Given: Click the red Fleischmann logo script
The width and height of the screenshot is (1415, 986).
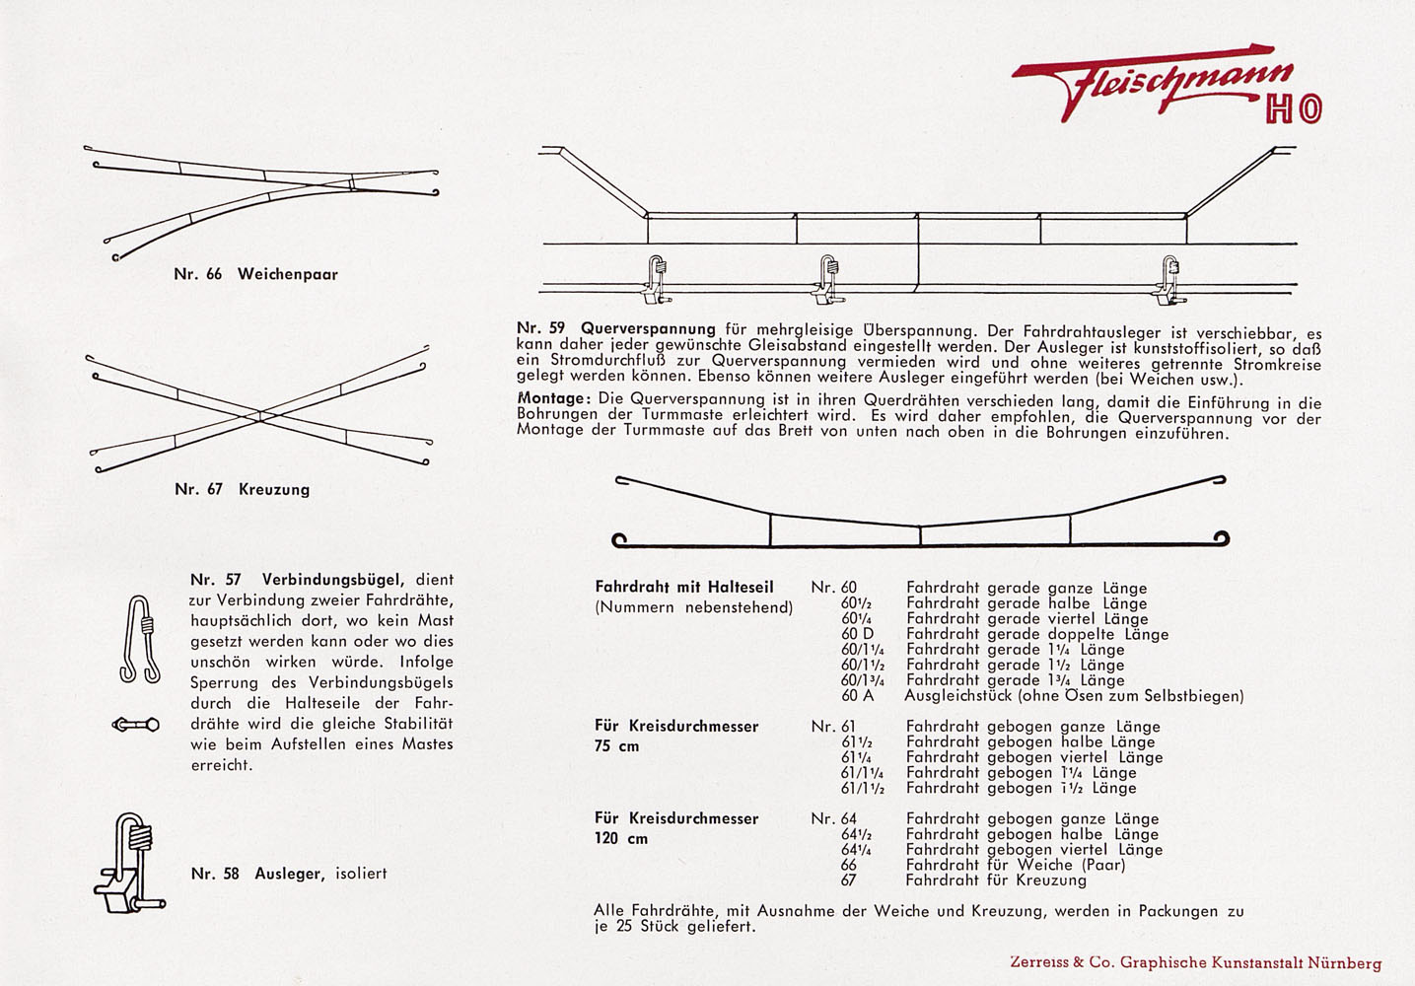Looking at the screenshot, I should [x=1154, y=84].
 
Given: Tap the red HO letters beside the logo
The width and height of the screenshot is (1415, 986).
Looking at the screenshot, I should [x=1293, y=110].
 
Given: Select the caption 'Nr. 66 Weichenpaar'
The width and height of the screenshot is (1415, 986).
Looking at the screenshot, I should [x=255, y=274].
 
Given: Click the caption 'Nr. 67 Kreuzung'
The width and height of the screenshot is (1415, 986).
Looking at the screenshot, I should [x=242, y=489].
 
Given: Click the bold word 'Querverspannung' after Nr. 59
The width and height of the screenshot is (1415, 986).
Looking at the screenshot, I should [x=648, y=328].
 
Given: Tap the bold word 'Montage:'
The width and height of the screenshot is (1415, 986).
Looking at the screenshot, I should [x=554, y=397].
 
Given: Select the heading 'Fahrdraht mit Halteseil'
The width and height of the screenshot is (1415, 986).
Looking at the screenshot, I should [x=684, y=587].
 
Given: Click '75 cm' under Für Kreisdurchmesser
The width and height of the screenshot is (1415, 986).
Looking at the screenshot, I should [x=617, y=746].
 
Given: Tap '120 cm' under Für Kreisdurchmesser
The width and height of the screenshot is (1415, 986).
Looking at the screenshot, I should [x=621, y=839].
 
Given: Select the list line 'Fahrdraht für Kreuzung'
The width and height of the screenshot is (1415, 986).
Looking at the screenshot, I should [x=996, y=880].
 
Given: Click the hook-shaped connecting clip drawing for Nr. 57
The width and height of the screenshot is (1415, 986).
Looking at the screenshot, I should [x=140, y=639].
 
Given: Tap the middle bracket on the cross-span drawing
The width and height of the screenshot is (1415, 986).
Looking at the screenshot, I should [x=827, y=279].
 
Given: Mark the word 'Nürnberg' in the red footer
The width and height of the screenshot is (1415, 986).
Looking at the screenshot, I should [x=1345, y=963].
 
